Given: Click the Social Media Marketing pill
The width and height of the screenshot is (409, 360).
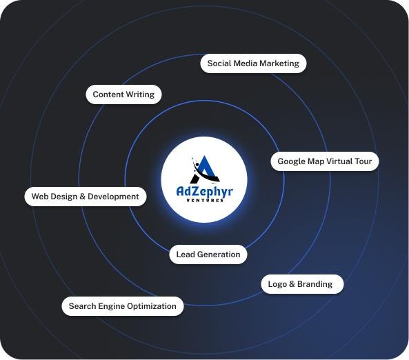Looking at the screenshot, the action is (253, 63).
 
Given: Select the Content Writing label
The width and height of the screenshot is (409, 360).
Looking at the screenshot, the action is (123, 94).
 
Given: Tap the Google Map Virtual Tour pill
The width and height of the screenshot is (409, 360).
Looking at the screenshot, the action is (325, 161).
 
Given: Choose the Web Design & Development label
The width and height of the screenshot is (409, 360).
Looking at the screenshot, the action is (86, 197).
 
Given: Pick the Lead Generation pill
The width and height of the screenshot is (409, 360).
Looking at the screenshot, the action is (208, 254).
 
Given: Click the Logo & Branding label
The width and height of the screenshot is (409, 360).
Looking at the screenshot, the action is (300, 284).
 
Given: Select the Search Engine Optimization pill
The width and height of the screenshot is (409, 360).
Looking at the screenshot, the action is (123, 306).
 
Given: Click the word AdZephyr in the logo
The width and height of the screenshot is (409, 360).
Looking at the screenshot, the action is (204, 192).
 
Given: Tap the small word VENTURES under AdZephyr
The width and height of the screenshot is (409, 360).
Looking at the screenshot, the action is (205, 201).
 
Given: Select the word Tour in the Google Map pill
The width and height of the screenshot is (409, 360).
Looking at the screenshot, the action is (363, 161).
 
